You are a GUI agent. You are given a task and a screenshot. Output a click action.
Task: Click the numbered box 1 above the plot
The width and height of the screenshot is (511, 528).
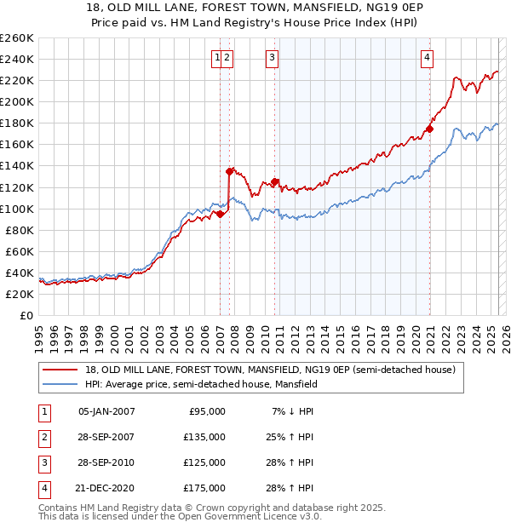pyautogui.click(x=218, y=58)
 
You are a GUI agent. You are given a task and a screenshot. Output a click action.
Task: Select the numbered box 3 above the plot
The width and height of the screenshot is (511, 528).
pyautogui.click(x=272, y=58)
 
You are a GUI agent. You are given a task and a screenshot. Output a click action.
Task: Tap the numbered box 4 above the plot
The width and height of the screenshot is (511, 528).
pyautogui.click(x=427, y=58)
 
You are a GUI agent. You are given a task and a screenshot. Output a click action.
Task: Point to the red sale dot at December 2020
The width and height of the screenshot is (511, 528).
pyautogui.click(x=430, y=129)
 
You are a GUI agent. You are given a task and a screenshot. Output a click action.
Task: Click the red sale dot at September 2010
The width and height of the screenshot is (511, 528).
pyautogui.click(x=275, y=181)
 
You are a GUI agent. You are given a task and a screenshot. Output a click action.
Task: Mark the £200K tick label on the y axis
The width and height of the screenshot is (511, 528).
pyautogui.click(x=16, y=101)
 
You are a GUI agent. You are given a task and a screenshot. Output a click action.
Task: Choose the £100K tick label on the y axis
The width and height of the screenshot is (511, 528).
pyautogui.click(x=16, y=209)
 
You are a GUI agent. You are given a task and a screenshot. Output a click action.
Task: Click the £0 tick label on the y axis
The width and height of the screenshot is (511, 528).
pyautogui.click(x=27, y=315)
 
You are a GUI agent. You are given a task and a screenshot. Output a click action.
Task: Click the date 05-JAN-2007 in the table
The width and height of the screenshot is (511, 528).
pyautogui.click(x=106, y=411)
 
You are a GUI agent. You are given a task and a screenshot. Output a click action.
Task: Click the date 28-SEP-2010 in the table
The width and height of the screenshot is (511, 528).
pyautogui.click(x=106, y=462)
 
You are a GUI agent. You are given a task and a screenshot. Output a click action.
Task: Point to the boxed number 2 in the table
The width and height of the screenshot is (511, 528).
pyautogui.click(x=43, y=437)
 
